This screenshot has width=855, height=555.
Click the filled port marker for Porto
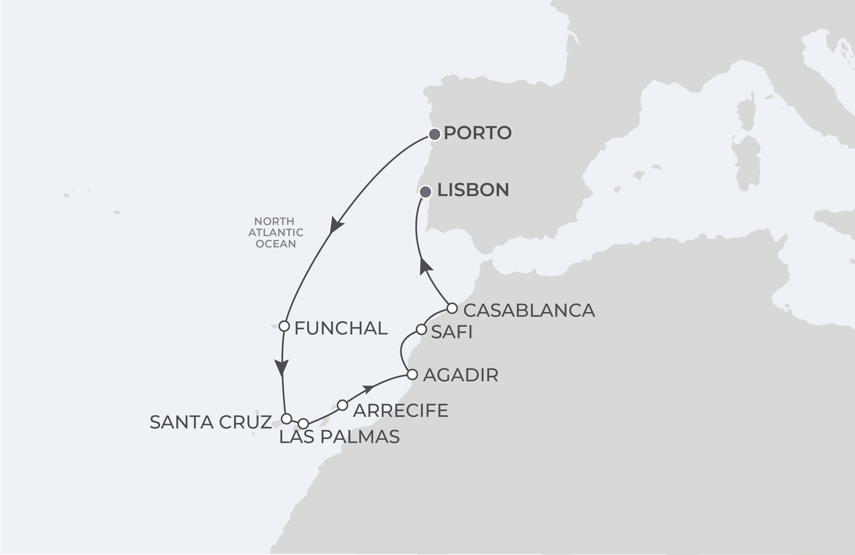click(435, 135)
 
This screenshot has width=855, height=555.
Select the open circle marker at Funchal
click(284, 326)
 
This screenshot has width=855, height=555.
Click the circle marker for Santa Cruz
click(286, 419)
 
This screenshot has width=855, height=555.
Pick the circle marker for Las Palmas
click(303, 424)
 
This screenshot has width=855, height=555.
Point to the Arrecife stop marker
click(343, 405)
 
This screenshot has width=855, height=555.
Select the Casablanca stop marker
click(452, 308)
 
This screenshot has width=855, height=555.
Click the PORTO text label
click(477, 133)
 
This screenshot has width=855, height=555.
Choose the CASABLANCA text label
click(529, 310)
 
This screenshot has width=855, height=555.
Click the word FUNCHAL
click(341, 328)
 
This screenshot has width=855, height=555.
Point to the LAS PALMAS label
click(339, 437)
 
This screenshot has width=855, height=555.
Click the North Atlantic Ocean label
click(275, 232)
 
